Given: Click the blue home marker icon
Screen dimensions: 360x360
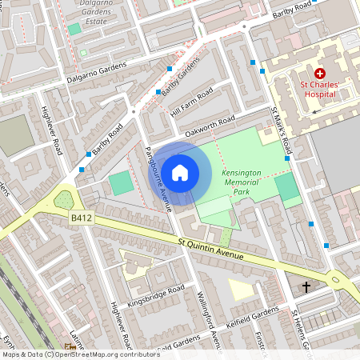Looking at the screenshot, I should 180,172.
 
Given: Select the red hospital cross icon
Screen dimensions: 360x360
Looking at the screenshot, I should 320,74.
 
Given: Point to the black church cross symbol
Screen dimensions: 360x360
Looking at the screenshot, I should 306,286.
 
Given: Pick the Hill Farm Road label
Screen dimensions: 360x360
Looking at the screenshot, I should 191,102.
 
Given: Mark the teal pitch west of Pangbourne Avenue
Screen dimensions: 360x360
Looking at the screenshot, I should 120,182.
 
